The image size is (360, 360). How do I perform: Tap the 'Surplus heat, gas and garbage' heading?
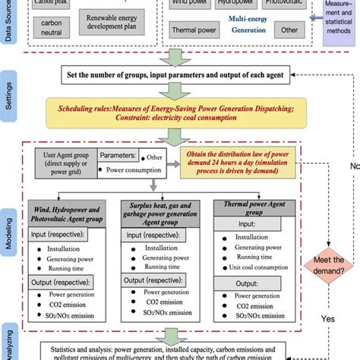tap(162, 212)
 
